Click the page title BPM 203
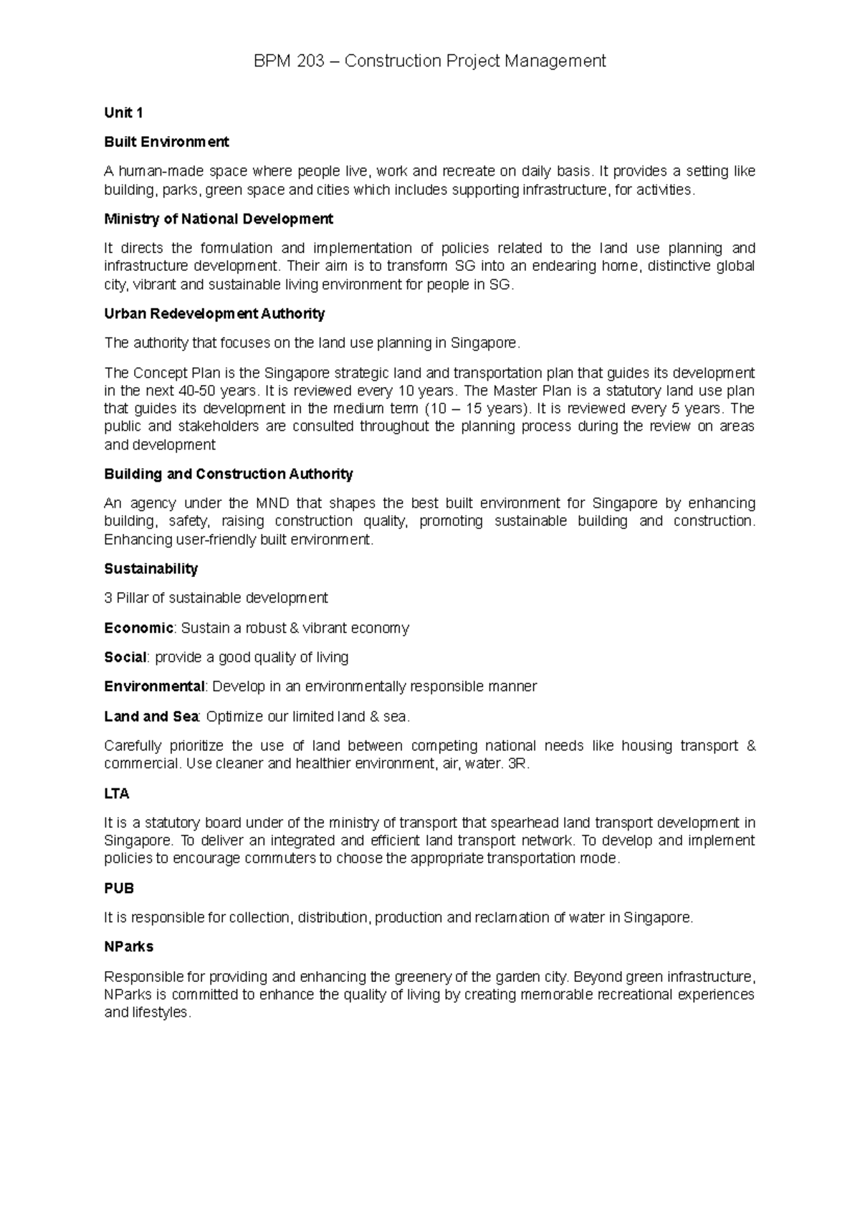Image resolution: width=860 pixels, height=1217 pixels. pos(430,61)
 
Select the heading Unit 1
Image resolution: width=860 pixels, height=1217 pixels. pos(123,113)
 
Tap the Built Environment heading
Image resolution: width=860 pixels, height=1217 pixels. pos(166,142)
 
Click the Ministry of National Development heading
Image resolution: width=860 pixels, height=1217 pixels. pos(219,219)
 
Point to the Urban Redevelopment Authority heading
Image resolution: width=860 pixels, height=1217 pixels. pos(214,313)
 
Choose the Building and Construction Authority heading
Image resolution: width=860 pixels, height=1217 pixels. pos(229,474)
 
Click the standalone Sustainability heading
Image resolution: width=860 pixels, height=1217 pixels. pos(150,568)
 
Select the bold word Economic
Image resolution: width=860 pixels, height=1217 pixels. pos(138,628)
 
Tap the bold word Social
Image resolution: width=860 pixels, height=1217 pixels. pos(125,657)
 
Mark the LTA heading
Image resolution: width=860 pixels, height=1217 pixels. pos(117,793)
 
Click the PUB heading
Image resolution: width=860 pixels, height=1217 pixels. pos(119,888)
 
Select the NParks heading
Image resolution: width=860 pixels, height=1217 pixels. pos(129,946)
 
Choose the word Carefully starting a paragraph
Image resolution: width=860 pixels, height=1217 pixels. pos(133,746)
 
